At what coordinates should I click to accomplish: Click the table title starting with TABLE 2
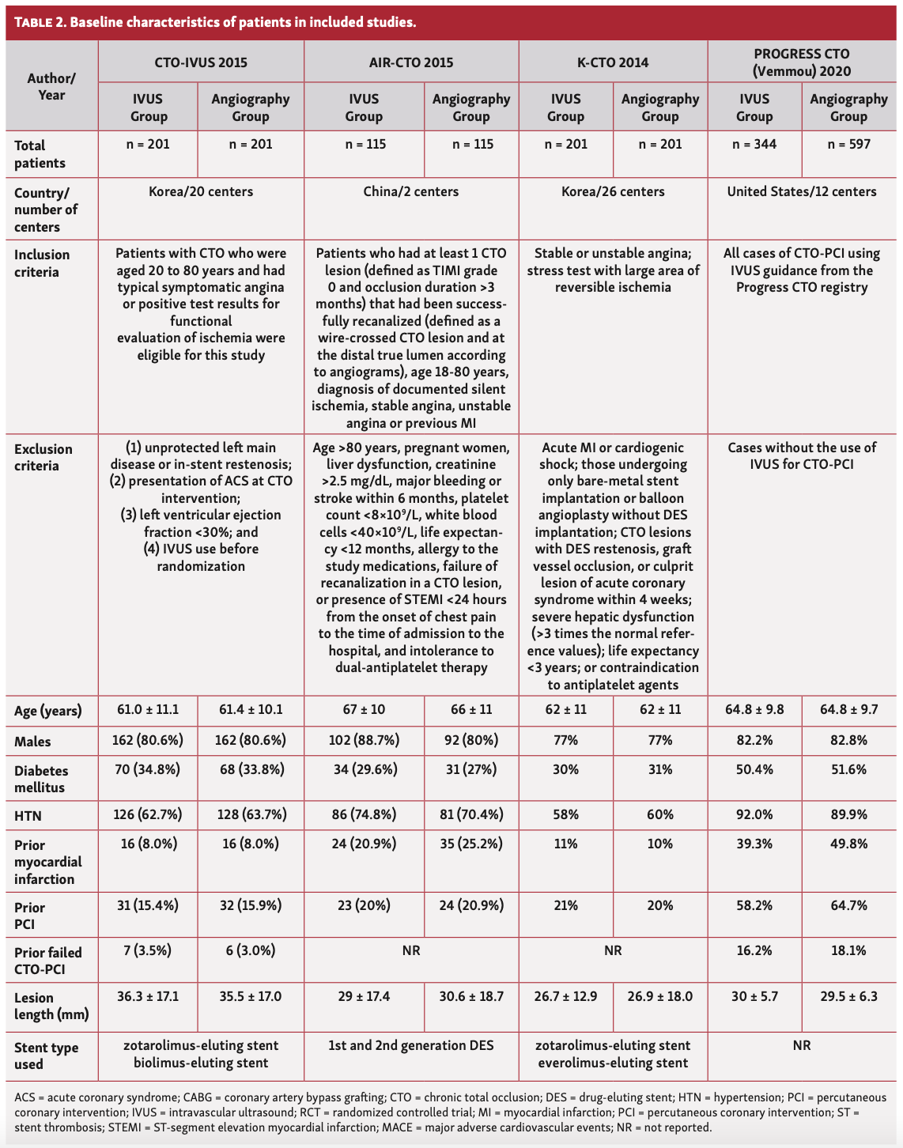pyautogui.click(x=215, y=22)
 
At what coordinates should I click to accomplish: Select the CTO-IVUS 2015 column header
pyautogui.click(x=201, y=62)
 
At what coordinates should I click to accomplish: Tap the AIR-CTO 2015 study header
pyautogui.click(x=411, y=62)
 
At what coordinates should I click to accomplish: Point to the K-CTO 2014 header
pyautogui.click(x=613, y=62)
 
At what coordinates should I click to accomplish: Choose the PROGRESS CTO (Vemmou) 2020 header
pyautogui.click(x=802, y=62)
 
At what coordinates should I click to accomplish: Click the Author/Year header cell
pyautogui.click(x=52, y=87)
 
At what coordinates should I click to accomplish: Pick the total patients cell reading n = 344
pyautogui.click(x=754, y=144)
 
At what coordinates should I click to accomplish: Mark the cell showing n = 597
pyautogui.click(x=848, y=144)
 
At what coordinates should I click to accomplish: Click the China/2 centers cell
pyautogui.click(x=411, y=191)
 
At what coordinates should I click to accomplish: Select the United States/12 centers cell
pyautogui.click(x=802, y=191)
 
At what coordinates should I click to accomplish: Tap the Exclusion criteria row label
pyautogui.click(x=43, y=457)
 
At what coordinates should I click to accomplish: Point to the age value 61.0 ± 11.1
pyautogui.click(x=148, y=709)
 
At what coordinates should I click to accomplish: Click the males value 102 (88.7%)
pyautogui.click(x=364, y=740)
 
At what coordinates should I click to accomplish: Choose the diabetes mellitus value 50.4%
pyautogui.click(x=754, y=769)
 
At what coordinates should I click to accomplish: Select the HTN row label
pyautogui.click(x=28, y=815)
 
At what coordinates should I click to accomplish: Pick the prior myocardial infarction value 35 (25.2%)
pyautogui.click(x=471, y=844)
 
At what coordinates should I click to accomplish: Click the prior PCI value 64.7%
pyautogui.click(x=848, y=905)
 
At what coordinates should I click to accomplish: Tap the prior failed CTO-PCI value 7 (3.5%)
pyautogui.click(x=148, y=950)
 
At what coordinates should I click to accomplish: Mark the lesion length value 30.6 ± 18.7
pyautogui.click(x=471, y=996)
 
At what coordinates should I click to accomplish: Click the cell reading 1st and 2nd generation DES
pyautogui.click(x=411, y=1045)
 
